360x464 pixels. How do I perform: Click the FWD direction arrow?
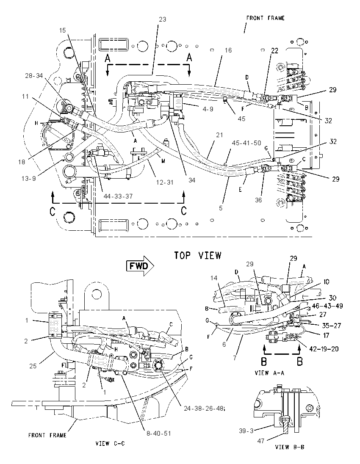click(140, 266)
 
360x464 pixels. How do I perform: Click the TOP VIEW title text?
click(197, 255)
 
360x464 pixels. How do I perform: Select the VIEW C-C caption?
click(110, 443)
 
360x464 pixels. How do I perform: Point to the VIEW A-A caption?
click(269, 373)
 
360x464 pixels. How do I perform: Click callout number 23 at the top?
click(163, 19)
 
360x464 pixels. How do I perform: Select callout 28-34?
click(34, 76)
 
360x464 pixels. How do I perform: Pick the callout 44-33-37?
click(118, 196)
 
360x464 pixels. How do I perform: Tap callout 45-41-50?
click(246, 143)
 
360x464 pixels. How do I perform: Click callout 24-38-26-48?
click(204, 409)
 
